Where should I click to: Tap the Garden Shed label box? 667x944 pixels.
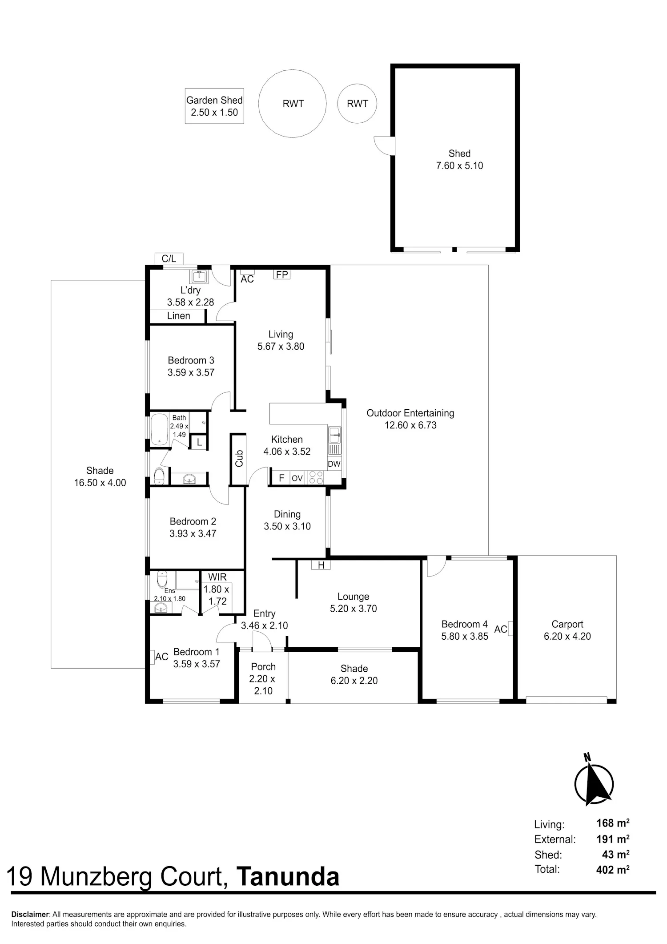pos(214,106)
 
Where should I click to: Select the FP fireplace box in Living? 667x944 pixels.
pos(282,274)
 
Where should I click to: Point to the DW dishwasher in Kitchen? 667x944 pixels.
pos(334,464)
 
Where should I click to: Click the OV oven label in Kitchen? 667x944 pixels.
pos(297,478)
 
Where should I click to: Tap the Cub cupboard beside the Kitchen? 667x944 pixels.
pos(239,459)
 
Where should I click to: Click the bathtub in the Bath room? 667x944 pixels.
pos(159,429)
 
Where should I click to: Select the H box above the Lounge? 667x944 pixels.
pos(321,565)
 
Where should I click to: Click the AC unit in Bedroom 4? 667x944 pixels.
pos(510,629)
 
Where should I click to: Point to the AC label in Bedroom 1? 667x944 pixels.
pos(161,657)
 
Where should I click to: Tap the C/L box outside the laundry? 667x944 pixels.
pos(169,258)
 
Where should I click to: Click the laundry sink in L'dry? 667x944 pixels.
pos(199,276)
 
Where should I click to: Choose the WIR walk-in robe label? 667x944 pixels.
pos(217,577)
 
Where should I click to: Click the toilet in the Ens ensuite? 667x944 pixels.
pos(162,579)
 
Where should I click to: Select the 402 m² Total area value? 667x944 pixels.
pos(613,869)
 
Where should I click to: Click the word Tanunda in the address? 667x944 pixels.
pos(288,876)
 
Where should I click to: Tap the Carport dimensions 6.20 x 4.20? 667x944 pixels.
pos(567,636)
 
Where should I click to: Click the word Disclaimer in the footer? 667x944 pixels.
pos(30,915)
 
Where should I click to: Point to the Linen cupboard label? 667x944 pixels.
pos(179,316)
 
